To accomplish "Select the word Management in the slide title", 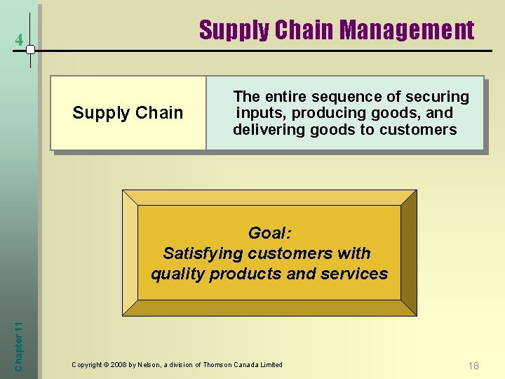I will (x=408, y=30).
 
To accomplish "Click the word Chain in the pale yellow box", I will (x=159, y=113).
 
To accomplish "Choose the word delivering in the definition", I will (x=265, y=130).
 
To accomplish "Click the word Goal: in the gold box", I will (x=269, y=233).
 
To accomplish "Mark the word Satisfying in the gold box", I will (x=198, y=253).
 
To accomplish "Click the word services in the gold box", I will (x=353, y=274).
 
